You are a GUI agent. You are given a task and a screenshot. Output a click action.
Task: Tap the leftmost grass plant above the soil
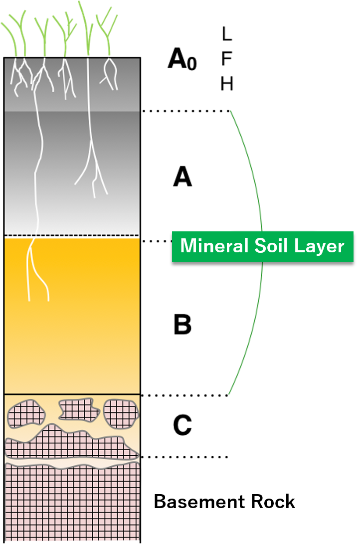pyautogui.click(x=15, y=35)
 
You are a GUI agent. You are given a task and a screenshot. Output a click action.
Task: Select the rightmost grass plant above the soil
pyautogui.click(x=107, y=32)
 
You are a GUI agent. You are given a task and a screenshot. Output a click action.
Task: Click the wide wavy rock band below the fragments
pyautogui.click(x=70, y=444)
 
